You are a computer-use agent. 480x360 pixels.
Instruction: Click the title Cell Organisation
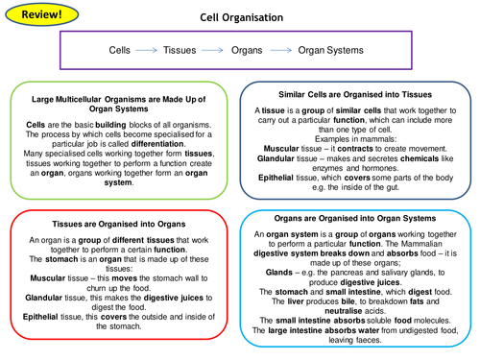click(x=242, y=17)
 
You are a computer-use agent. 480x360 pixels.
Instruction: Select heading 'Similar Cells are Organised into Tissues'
click(x=354, y=94)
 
